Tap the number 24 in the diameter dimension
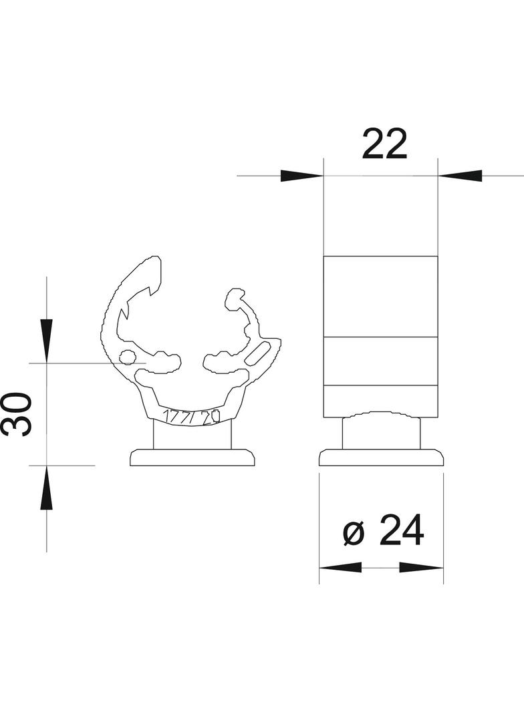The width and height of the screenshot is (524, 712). click(x=402, y=532)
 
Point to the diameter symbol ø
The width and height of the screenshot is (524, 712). click(x=354, y=533)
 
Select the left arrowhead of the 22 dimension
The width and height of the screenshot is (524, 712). click(x=301, y=176)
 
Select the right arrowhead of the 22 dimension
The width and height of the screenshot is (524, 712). click(x=461, y=176)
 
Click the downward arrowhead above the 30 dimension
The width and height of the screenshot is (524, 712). click(x=46, y=341)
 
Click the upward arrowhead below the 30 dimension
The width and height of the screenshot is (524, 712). click(x=46, y=488)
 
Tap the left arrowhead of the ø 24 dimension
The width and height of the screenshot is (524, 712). click(x=340, y=567)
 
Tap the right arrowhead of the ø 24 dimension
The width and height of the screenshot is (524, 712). click(x=421, y=567)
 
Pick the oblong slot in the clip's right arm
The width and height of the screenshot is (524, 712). click(x=259, y=353)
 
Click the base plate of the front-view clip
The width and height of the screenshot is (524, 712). click(x=192, y=458)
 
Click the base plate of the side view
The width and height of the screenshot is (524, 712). click(x=381, y=458)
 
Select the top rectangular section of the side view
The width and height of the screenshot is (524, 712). click(x=381, y=296)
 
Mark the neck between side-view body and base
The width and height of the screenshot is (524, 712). click(x=381, y=433)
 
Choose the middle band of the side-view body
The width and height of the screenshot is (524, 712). click(x=381, y=361)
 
